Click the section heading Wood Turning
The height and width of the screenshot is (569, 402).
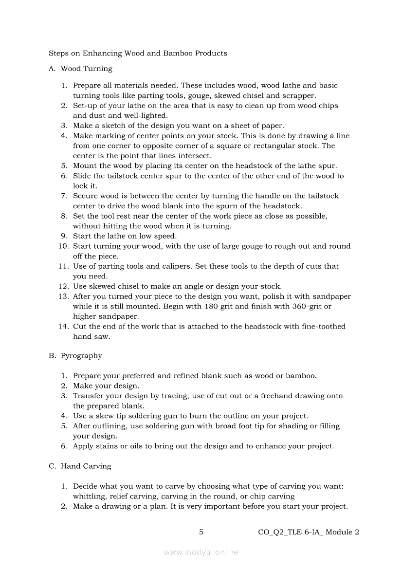86,69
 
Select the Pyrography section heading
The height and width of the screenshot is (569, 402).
81,356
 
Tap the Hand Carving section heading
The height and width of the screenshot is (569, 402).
86,466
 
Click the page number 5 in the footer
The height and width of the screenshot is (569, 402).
201,532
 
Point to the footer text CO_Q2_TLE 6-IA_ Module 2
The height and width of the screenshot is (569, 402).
309,532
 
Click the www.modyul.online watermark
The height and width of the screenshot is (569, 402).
201,552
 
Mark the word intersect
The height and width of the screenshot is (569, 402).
195,156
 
